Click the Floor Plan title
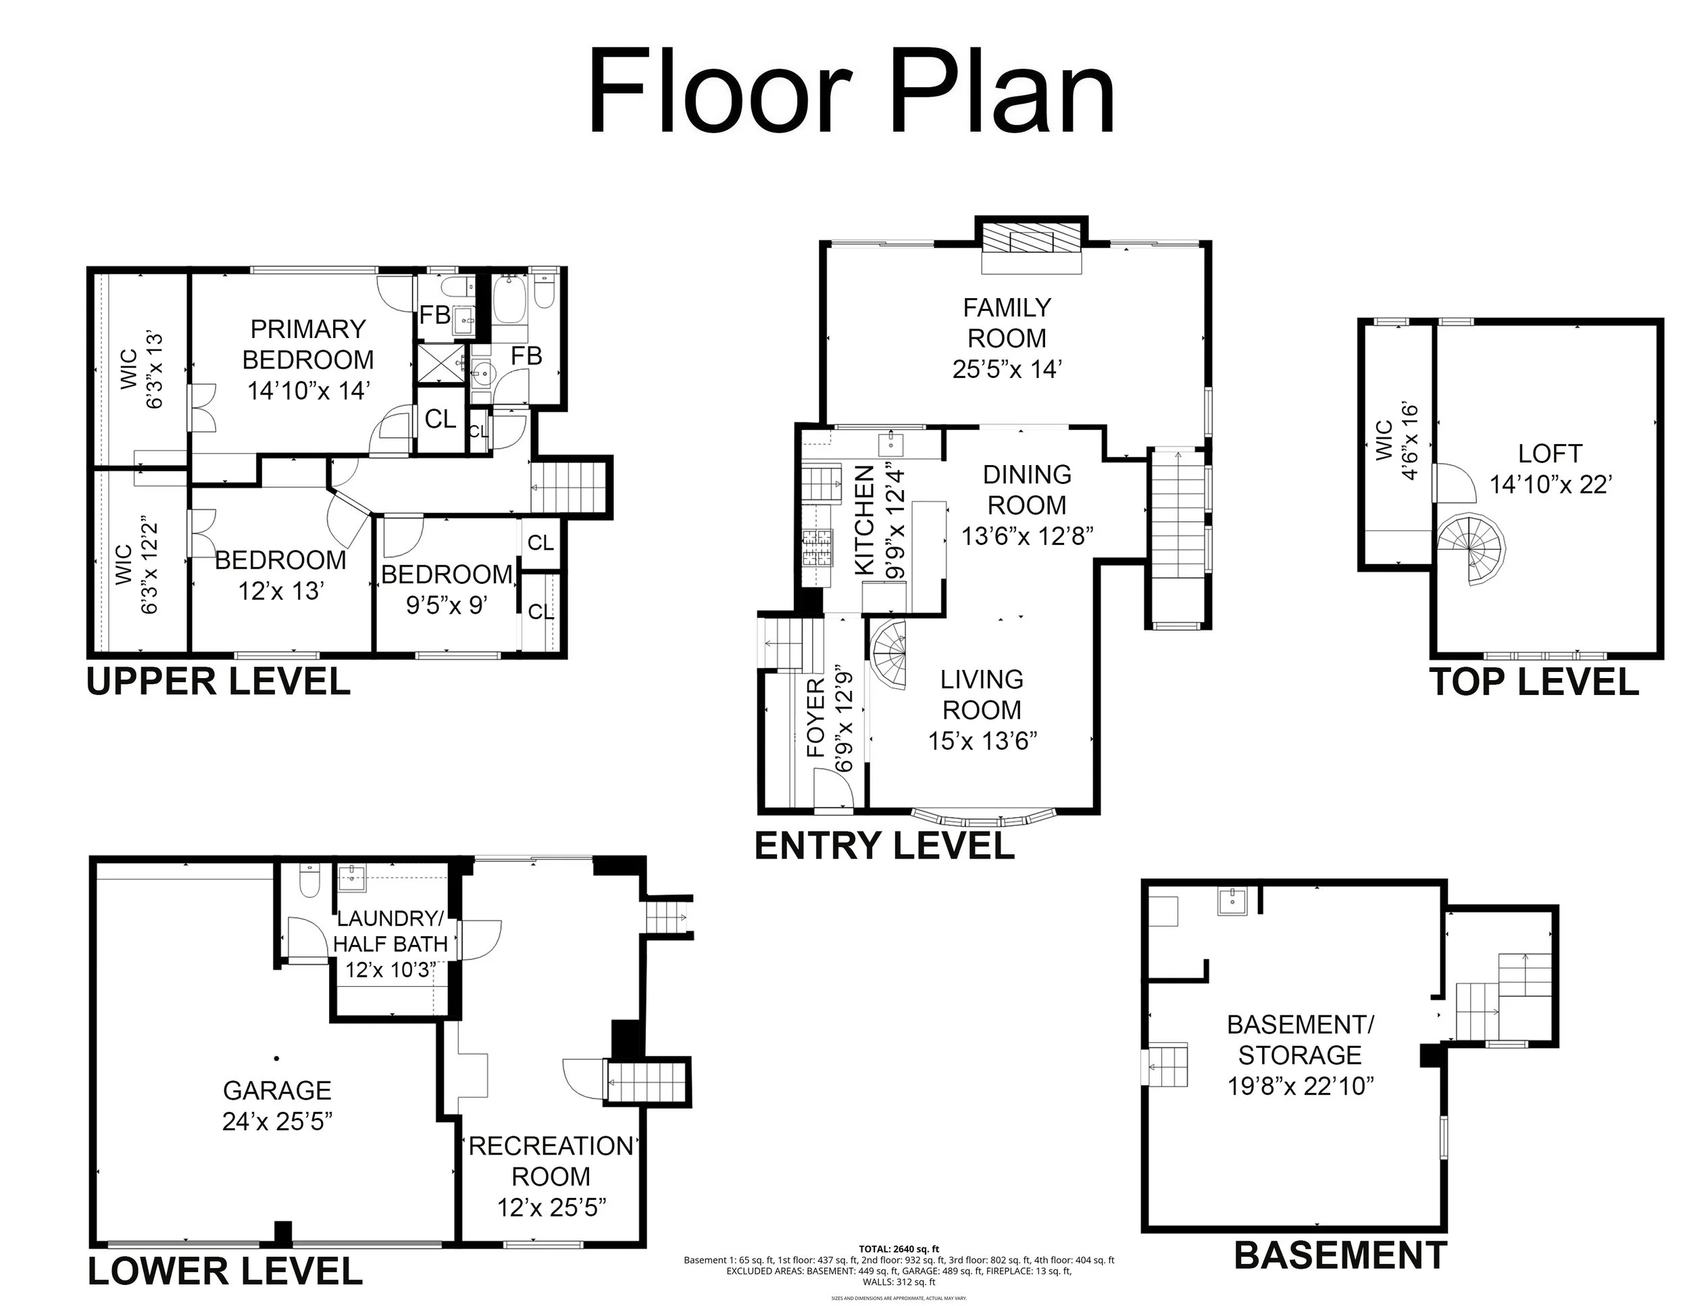[x=851, y=91]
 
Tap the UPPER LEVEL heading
[x=218, y=682]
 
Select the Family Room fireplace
[x=1031, y=239]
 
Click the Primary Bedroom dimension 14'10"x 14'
[x=308, y=391]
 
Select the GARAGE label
[x=277, y=1091]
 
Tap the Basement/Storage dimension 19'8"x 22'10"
[x=1300, y=1086]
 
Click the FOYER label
[x=816, y=717]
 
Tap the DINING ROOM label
[x=1027, y=489]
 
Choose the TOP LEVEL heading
[x=1534, y=682]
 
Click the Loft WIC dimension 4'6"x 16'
[x=1410, y=440]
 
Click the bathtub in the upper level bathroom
[x=509, y=301]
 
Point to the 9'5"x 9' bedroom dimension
[x=446, y=604]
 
